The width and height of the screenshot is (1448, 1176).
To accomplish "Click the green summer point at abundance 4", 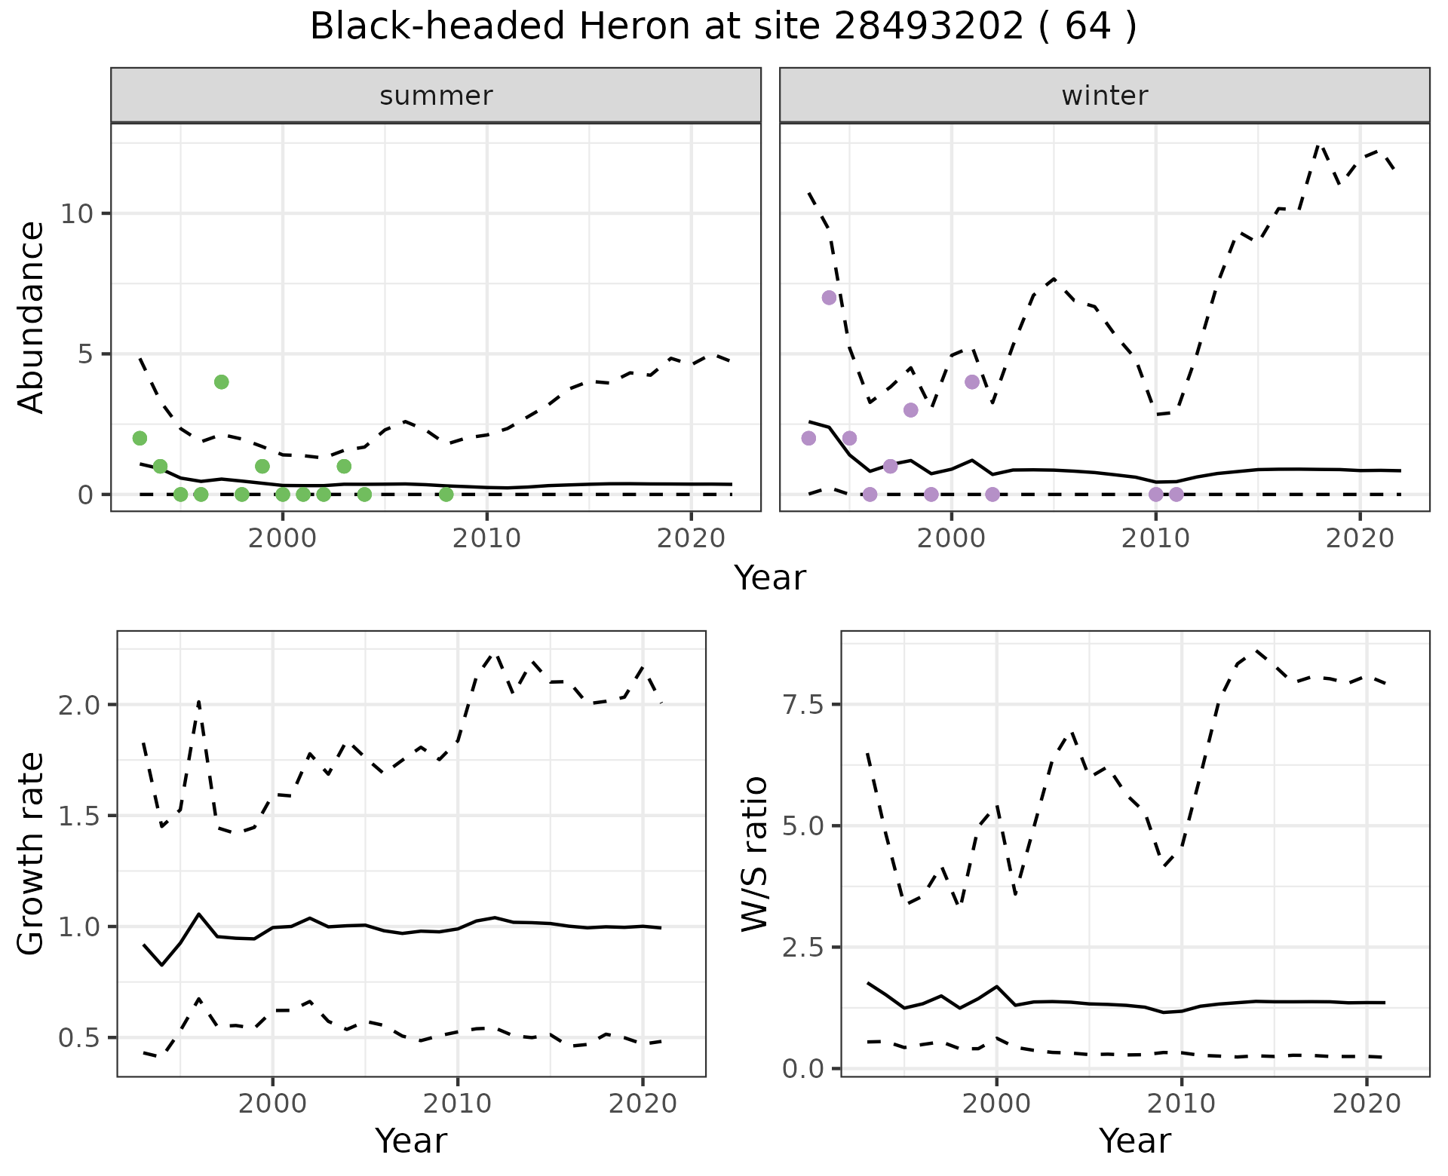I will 221,382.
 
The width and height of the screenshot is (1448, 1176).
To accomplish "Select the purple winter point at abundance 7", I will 829,298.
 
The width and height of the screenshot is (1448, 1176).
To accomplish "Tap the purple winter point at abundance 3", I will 910,410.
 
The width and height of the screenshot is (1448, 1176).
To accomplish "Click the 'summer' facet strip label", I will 436,96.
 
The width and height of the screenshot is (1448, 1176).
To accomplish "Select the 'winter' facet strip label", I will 1104,96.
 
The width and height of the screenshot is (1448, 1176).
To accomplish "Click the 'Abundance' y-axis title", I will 32,317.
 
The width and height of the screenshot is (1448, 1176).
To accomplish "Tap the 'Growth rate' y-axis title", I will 32,853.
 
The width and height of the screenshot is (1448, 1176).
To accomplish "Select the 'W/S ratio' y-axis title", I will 755,853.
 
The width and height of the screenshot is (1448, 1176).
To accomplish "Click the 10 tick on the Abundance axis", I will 76,214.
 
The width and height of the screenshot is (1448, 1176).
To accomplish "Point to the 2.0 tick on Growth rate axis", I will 83,706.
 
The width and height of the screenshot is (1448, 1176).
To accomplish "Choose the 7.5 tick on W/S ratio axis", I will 807,706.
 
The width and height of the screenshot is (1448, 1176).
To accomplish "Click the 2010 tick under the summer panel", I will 486,539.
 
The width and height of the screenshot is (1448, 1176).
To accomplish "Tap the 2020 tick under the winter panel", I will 1360,539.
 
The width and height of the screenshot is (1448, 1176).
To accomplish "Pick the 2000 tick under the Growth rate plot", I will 272,1104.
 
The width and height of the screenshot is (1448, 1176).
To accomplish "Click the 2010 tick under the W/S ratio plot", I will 1181,1104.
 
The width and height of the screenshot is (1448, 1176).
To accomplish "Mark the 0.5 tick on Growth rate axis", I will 83,1038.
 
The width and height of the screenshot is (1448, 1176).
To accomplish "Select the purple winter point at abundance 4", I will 971,382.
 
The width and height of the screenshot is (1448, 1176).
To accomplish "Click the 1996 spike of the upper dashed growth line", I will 198,701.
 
